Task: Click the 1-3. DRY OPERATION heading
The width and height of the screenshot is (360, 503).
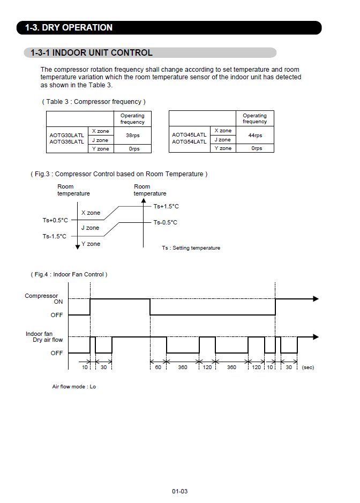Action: (69, 27)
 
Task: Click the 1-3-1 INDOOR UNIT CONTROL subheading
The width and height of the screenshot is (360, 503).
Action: (92, 52)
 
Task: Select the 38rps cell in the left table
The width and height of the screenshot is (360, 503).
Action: (132, 136)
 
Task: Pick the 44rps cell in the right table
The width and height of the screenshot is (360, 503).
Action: (254, 136)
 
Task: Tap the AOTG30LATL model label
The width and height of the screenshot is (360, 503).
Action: (66, 135)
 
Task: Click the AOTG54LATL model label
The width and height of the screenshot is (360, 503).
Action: (189, 142)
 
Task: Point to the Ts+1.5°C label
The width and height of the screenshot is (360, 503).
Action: (166, 206)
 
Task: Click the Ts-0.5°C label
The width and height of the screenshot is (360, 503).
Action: (165, 222)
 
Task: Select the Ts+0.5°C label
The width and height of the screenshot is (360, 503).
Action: (55, 220)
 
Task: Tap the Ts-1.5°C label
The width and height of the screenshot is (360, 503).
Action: (55, 236)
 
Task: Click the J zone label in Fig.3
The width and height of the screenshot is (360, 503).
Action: (90, 228)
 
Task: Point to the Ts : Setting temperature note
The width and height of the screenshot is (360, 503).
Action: (191, 248)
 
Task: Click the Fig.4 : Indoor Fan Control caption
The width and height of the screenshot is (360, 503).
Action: (69, 274)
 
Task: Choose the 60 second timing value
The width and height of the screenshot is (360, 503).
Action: (158, 367)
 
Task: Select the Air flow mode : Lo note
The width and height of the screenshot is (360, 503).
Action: (74, 386)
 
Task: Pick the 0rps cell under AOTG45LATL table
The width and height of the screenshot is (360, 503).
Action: (254, 148)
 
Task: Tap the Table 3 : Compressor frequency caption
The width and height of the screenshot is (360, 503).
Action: (94, 101)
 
